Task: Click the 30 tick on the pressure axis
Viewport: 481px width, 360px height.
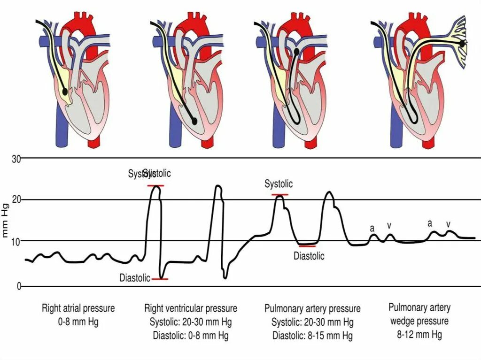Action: coord(16,159)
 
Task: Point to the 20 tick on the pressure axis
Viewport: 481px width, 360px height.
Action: coord(16,200)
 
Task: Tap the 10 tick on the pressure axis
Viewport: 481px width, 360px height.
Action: coord(16,241)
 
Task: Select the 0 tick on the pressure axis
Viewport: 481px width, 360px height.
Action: coord(19,286)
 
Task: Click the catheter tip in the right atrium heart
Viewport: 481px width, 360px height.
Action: coord(65,92)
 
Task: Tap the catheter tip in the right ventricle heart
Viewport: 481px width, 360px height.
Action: coord(194,121)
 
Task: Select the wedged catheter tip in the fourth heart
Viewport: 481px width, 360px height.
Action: coord(463,43)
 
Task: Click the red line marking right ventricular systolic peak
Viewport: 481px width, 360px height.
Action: coord(155,186)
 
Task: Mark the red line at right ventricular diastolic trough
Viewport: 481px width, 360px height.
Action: coord(160,279)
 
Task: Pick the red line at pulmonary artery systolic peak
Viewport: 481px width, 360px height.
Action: coord(280,194)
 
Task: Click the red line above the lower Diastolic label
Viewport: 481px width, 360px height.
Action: coord(307,245)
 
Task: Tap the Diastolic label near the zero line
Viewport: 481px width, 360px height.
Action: coord(135,278)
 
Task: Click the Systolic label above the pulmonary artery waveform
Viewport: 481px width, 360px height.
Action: coord(279,184)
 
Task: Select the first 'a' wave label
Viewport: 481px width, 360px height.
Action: coord(372,229)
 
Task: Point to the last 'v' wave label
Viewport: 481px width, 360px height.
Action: coord(448,224)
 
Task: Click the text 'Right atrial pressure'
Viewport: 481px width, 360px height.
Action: coord(78,308)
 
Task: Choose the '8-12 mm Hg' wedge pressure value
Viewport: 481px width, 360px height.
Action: coord(419,335)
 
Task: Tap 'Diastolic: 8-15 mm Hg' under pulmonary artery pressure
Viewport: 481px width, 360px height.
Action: coord(312,336)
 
